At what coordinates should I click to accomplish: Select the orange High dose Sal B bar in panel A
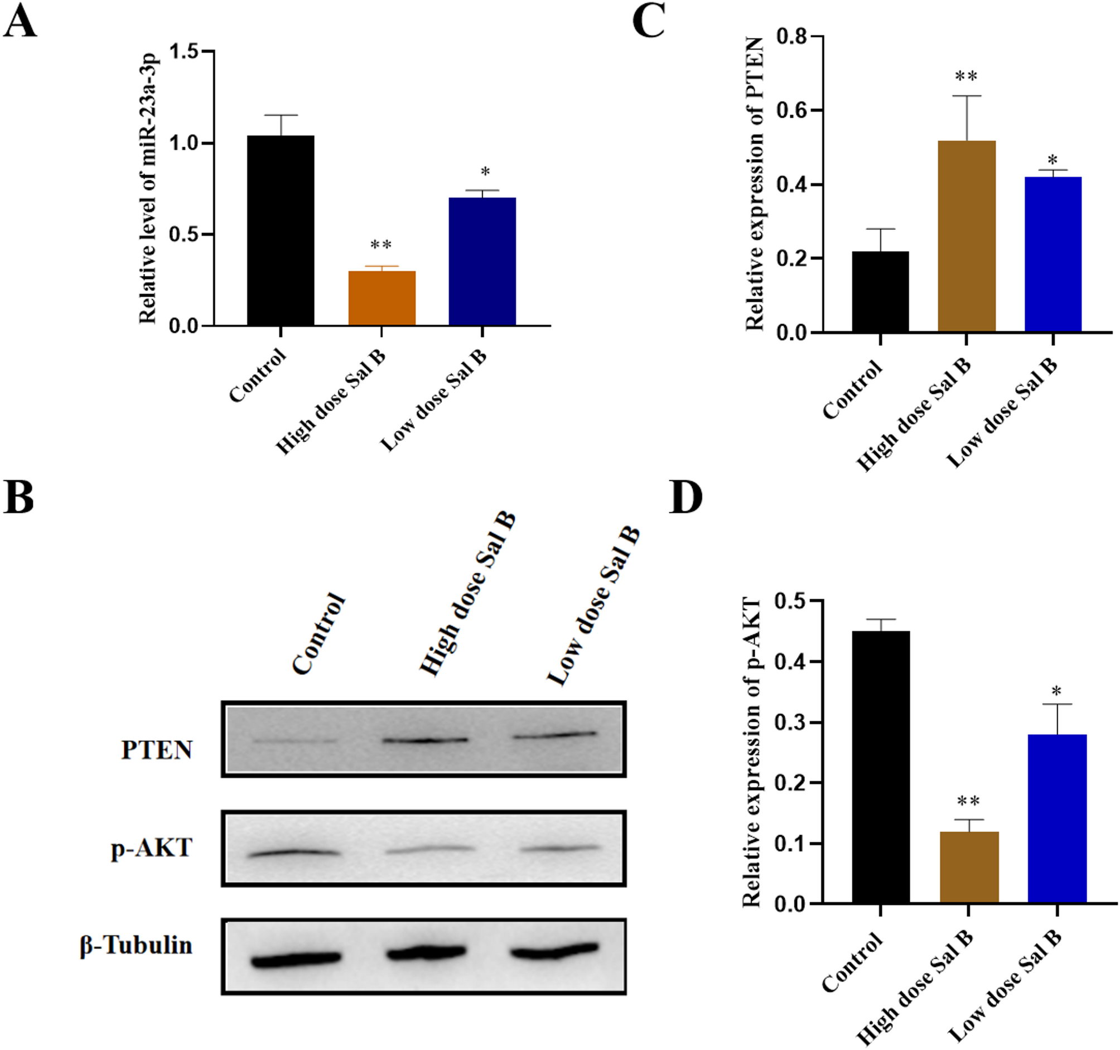pos(382,298)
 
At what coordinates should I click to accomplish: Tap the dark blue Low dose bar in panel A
pos(482,262)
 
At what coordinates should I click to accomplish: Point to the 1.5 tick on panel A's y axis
pos(190,51)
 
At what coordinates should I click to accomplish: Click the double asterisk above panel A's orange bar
pos(381,245)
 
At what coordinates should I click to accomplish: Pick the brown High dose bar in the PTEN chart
pos(966,236)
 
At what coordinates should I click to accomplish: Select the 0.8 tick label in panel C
pos(791,37)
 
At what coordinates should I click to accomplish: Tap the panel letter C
pos(648,21)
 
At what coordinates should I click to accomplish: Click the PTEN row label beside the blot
pos(157,750)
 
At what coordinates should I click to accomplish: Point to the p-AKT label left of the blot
pos(152,847)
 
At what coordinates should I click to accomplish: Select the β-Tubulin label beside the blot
pos(136,945)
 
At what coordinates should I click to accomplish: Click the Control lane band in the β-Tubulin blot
pos(296,959)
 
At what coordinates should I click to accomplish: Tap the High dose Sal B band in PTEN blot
pos(425,740)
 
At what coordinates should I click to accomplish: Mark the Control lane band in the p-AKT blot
pos(294,853)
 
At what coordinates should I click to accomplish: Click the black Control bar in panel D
pos(881,767)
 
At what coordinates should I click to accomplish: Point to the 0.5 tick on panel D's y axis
pos(791,601)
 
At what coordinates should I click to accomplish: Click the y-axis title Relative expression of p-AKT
pos(751,752)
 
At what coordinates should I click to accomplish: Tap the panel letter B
pos(18,498)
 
